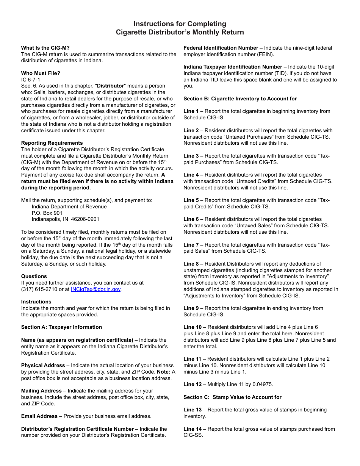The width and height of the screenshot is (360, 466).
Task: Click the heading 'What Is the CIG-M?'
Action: pos(45,48)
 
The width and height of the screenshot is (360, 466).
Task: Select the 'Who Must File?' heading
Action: pos(41,73)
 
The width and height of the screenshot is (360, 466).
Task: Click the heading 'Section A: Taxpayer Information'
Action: pos(61,327)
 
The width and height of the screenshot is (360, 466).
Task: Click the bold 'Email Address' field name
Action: pos(39,416)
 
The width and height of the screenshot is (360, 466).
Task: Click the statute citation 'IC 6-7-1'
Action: pos(31,80)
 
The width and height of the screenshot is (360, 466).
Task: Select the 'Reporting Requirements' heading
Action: pos(52,143)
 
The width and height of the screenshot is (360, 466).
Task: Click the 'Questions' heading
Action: pos(34,276)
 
